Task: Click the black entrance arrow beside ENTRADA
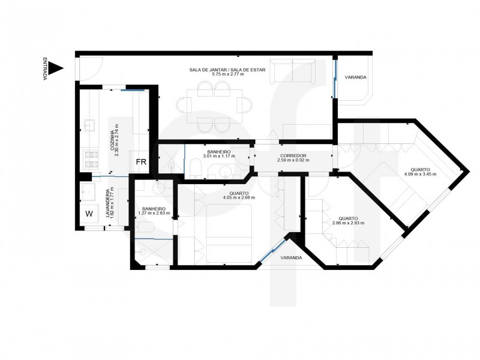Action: point(56,68)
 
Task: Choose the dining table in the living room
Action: point(214,106)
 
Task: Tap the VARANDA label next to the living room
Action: point(355,77)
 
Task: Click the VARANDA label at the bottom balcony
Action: point(291,258)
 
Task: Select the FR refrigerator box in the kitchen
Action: point(141,162)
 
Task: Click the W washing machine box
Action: point(89,213)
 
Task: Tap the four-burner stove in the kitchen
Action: point(91,158)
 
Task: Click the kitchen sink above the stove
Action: point(90,125)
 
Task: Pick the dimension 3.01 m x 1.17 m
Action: point(219,157)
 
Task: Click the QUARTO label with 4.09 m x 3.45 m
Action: point(420,169)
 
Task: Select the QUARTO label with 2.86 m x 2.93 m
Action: point(348,218)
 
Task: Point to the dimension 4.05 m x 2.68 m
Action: point(239,197)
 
